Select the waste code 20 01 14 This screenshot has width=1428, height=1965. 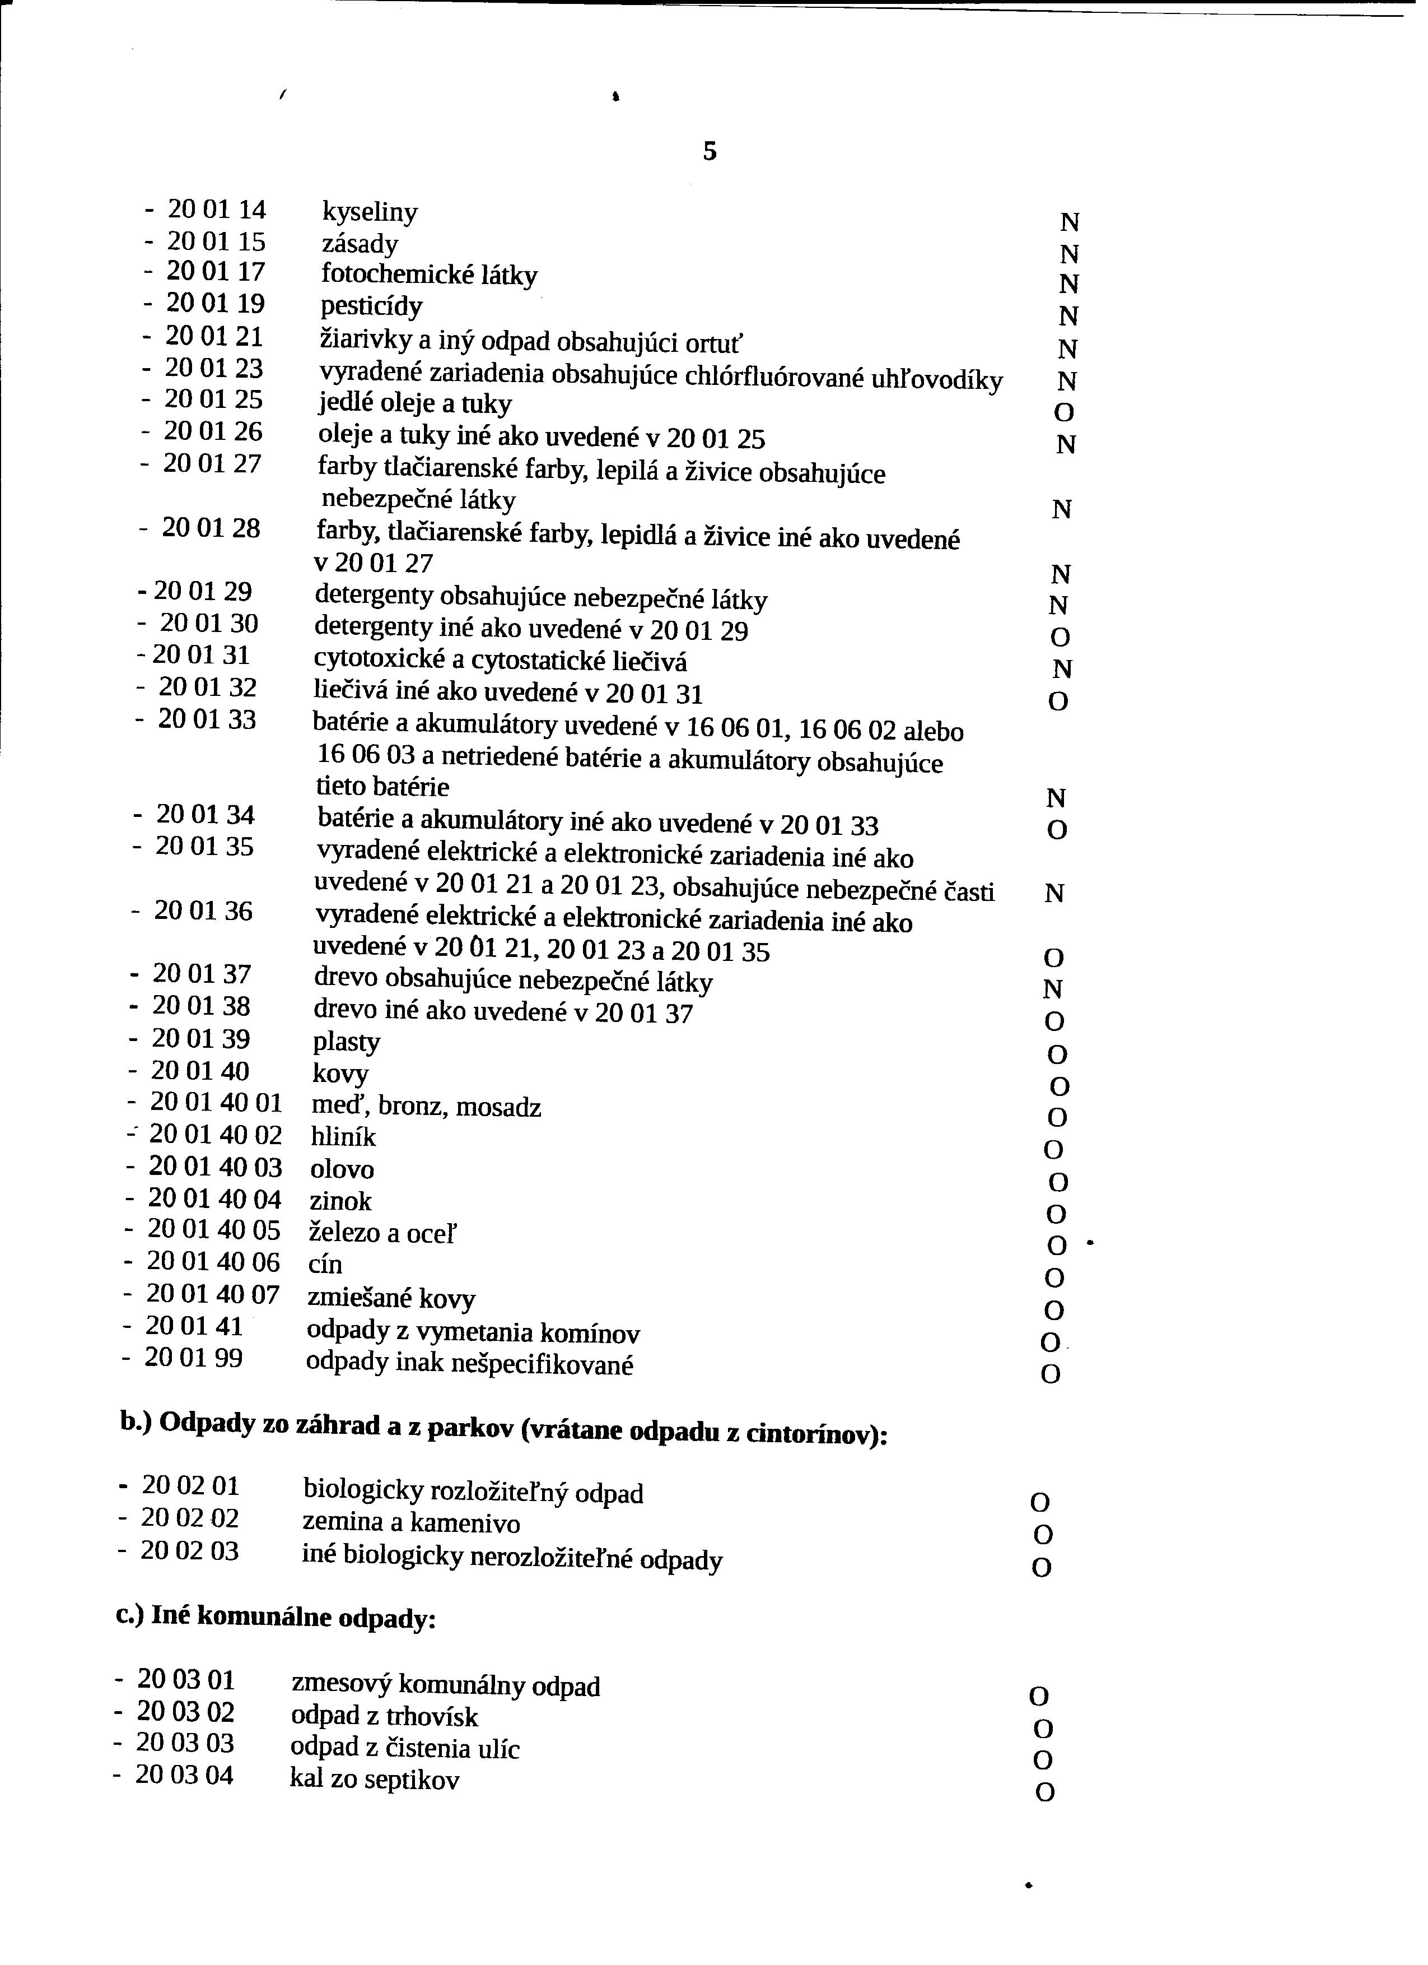tap(217, 210)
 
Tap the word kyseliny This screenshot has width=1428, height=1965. tap(370, 212)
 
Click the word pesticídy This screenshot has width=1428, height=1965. tap(371, 306)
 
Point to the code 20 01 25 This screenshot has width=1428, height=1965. tap(213, 400)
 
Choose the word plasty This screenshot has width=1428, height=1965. tap(347, 1042)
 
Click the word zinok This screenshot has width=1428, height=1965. tap(340, 1201)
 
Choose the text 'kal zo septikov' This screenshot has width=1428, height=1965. tap(374, 1780)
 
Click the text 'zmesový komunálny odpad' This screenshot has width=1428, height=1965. tap(445, 1685)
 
